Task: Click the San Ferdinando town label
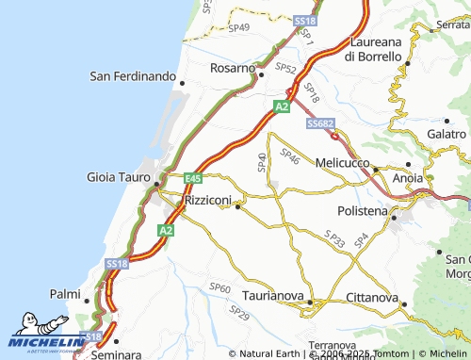[x=133, y=75]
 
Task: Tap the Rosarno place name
[x=232, y=69]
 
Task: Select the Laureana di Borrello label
[x=375, y=49]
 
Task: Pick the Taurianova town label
[x=273, y=295]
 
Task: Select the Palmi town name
[x=65, y=294]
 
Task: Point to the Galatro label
[x=447, y=135]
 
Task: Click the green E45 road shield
[x=193, y=178]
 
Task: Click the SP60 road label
[x=219, y=286]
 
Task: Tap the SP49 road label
[x=239, y=27]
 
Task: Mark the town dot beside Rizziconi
[x=237, y=206]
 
